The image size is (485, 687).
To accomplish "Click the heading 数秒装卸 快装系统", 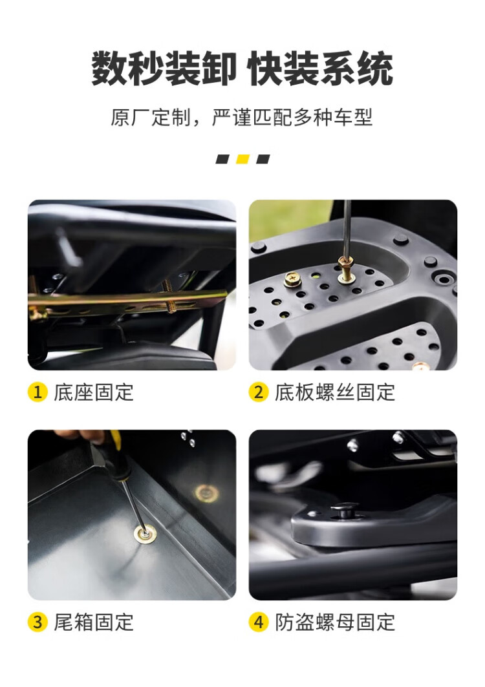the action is click(x=242, y=69).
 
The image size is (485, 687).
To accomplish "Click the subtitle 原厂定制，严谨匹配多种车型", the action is click(x=242, y=118).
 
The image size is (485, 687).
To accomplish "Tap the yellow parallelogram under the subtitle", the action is click(x=242, y=159).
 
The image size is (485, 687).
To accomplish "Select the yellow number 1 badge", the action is click(x=38, y=392).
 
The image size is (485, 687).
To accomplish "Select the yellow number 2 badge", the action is click(x=259, y=392).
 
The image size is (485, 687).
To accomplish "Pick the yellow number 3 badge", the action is click(x=38, y=622).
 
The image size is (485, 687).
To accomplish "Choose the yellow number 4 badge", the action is click(x=259, y=622).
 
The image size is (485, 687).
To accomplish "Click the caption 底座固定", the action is click(x=93, y=392).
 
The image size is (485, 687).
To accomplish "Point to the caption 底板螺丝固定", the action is click(x=335, y=392).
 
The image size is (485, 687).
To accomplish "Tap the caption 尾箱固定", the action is click(x=93, y=622).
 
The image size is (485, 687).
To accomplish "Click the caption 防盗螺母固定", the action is click(x=335, y=622).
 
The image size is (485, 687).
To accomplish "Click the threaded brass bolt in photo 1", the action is click(x=169, y=296).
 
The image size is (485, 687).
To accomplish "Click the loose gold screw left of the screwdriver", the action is click(x=292, y=279).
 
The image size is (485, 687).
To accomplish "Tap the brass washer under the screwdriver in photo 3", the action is click(x=143, y=534).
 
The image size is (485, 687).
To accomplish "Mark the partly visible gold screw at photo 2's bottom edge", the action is click(x=420, y=366).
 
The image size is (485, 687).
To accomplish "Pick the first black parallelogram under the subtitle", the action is click(x=222, y=159).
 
